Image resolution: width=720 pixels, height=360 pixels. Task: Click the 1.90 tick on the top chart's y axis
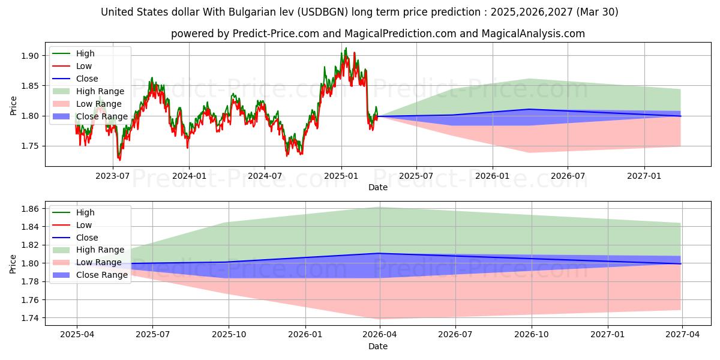[x=30, y=56]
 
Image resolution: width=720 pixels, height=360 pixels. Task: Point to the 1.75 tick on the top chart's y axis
[x=30, y=146]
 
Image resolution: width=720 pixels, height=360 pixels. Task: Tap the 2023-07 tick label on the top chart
[x=113, y=175]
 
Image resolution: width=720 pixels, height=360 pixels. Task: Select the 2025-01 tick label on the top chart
[x=341, y=175]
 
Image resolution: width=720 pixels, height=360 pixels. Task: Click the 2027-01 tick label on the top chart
[x=644, y=175]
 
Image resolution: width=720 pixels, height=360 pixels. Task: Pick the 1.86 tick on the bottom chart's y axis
[x=30, y=209]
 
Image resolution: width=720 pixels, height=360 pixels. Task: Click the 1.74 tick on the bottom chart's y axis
[x=30, y=318]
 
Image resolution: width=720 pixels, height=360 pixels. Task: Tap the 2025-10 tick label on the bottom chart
[x=229, y=334]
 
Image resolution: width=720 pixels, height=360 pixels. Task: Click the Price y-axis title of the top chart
[x=13, y=106]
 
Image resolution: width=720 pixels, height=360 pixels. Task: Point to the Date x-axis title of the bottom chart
[x=378, y=346]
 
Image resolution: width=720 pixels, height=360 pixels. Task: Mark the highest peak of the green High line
[x=346, y=48]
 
